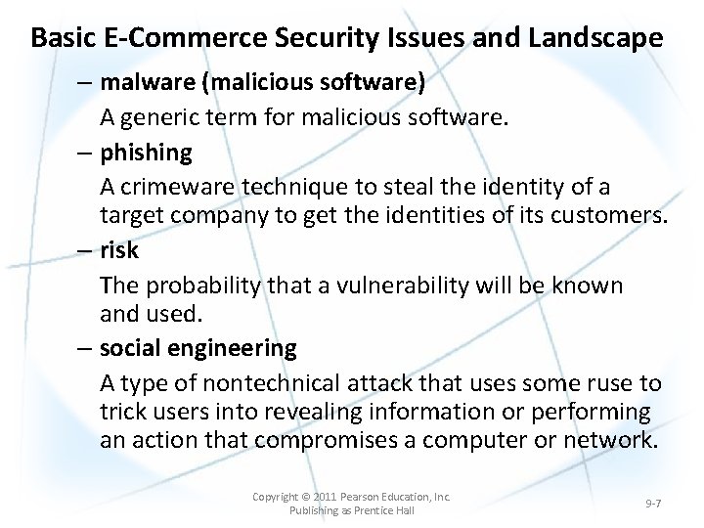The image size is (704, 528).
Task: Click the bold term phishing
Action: (x=146, y=153)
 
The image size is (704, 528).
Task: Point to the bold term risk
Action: (x=119, y=250)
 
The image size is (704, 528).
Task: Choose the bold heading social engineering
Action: (x=198, y=348)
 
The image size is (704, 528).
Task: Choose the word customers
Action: (x=606, y=215)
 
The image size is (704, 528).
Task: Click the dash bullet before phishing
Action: (x=86, y=153)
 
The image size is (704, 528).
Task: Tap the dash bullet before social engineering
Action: (x=86, y=348)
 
